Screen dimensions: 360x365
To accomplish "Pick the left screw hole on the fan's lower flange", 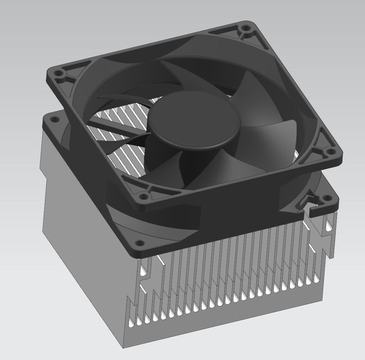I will (54, 119).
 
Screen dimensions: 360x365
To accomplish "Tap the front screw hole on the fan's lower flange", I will (140, 244).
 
